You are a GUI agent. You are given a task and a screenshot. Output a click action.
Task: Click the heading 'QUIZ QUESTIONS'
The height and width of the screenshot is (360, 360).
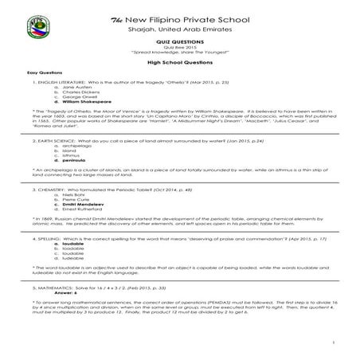178,45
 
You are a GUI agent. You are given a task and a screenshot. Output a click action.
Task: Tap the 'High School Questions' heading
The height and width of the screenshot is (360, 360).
178,61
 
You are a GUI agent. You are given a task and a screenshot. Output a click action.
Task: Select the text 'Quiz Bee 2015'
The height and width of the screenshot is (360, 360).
178,49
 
